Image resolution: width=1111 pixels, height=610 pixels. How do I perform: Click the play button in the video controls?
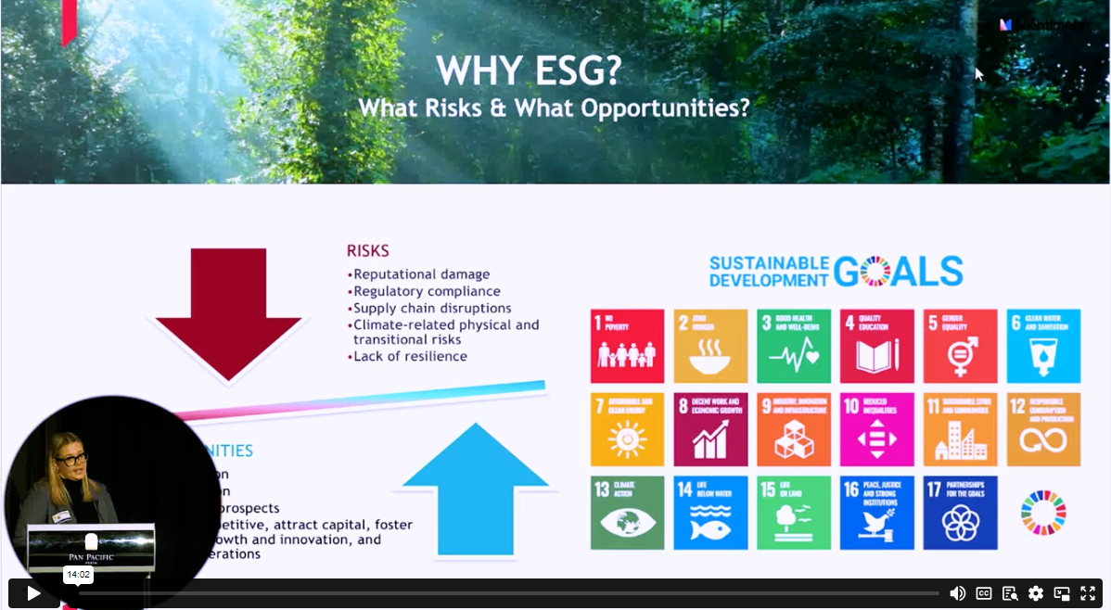[x=33, y=593]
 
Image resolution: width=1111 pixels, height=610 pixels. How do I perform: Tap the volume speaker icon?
[x=958, y=593]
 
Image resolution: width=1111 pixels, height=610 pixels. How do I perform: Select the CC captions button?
[x=984, y=593]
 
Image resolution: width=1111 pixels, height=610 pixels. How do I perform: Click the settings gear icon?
[x=1036, y=593]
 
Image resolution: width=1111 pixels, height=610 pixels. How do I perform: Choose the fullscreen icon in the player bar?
[x=1088, y=593]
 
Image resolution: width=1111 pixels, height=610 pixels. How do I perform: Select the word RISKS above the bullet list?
[x=368, y=250]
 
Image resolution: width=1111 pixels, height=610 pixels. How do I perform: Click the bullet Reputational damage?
[x=420, y=274]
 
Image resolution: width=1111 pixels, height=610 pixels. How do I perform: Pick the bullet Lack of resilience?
[x=409, y=356]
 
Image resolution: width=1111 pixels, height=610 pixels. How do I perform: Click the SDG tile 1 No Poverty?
[x=627, y=346]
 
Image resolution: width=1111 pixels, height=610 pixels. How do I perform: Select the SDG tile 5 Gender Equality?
[x=960, y=346]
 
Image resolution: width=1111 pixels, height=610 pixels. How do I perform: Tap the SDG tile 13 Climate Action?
[x=627, y=513]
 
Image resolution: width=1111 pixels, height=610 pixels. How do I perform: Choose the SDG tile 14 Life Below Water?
[x=710, y=513]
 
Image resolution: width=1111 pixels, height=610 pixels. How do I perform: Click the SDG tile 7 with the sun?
[x=627, y=429]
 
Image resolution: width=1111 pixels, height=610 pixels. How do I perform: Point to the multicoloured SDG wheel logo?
[x=1043, y=513]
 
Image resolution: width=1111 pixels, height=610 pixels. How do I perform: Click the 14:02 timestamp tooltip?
[x=78, y=575]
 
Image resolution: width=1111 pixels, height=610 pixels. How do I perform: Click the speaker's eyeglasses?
[x=70, y=458]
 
